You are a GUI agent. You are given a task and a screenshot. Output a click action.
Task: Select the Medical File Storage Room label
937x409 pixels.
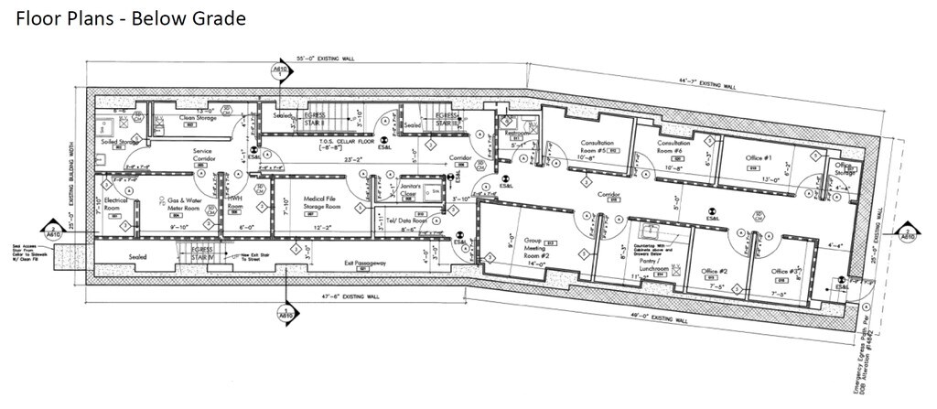[x=303, y=203]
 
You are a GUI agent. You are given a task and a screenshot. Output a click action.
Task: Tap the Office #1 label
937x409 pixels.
[x=762, y=158]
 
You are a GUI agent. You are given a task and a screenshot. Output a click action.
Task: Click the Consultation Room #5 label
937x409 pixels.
[x=597, y=146]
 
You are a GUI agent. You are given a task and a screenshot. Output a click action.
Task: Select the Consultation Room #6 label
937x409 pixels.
[x=673, y=146]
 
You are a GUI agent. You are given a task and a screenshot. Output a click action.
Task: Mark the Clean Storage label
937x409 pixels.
[x=198, y=118]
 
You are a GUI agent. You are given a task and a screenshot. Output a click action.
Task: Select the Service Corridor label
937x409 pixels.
[x=204, y=156]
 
